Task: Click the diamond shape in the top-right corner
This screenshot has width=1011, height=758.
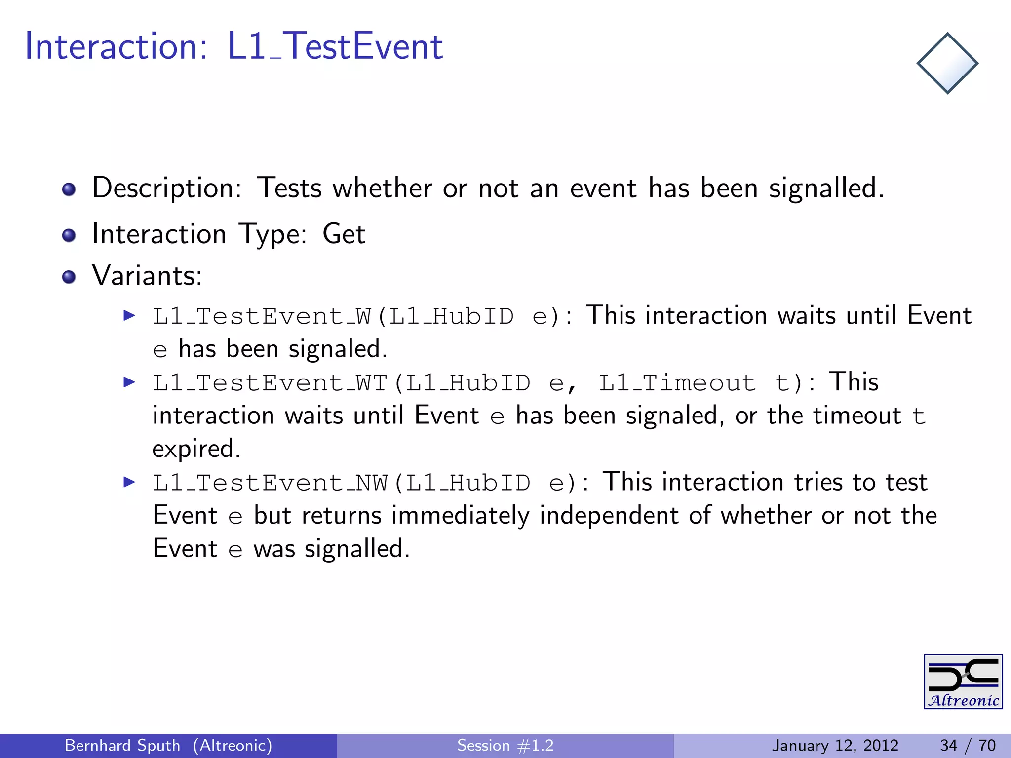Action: pos(947,63)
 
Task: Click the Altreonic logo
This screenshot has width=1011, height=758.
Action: pos(963,682)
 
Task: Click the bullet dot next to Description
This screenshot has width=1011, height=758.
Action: pos(69,189)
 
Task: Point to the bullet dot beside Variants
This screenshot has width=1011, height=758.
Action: pos(69,277)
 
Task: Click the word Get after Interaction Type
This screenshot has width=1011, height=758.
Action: pos(344,234)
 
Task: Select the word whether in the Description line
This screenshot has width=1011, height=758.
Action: pos(382,188)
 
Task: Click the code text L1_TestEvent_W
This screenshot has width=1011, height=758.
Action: pos(262,316)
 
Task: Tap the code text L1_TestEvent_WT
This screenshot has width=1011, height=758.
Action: pos(270,383)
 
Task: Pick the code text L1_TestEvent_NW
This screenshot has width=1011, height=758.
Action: pos(270,483)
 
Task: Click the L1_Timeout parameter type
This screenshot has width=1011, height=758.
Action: pos(677,383)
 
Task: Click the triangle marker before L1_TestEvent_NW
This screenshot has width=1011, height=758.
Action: pos(129,482)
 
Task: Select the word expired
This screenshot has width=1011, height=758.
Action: pos(196,449)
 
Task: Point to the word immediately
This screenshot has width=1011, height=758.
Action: pos(460,515)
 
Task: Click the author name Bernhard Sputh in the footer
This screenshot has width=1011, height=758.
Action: pos(122,745)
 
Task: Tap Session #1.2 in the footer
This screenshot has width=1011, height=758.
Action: pos(505,745)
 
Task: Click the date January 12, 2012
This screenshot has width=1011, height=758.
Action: pos(835,745)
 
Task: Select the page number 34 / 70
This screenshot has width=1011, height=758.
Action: pos(967,745)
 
